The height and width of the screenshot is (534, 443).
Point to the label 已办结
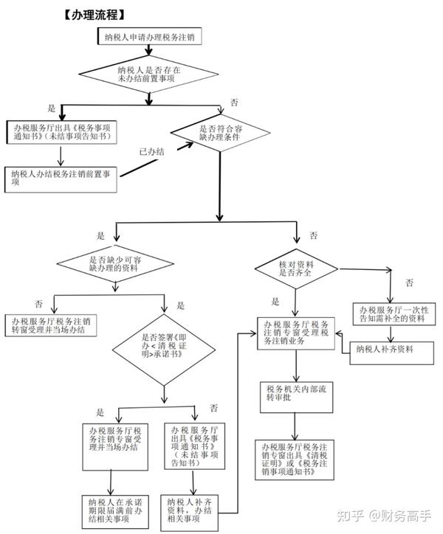click(152, 151)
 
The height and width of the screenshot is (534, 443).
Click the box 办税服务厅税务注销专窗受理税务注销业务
click(295, 333)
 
